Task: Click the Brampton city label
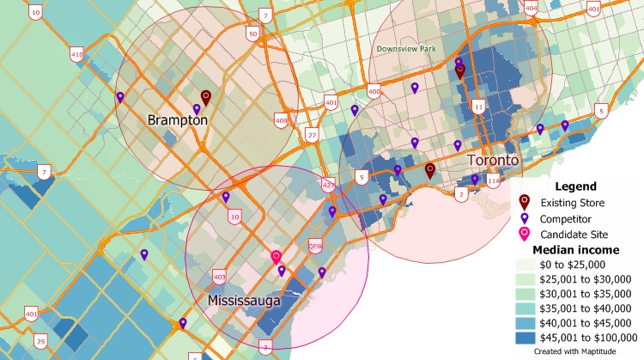[x=177, y=120]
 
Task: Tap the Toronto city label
[x=493, y=161]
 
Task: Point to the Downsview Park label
[x=407, y=49]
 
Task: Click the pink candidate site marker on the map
[x=276, y=257]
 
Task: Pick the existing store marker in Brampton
[x=205, y=97]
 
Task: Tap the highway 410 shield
[x=77, y=56]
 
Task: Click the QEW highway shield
[x=315, y=244]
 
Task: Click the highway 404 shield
[x=531, y=9]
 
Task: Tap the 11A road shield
[x=493, y=181]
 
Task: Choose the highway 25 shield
[x=41, y=342]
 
